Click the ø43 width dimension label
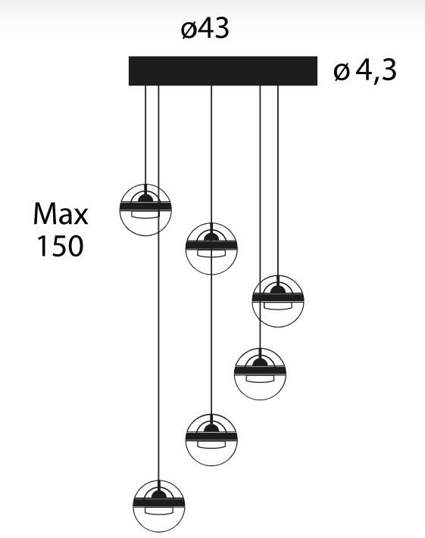(205, 28)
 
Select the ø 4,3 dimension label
(365, 70)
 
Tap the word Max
(61, 213)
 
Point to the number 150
(60, 246)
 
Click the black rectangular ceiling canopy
(223, 70)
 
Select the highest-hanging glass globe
(145, 210)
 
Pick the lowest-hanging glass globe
(159, 506)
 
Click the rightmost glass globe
(277, 301)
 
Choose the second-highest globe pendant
(211, 249)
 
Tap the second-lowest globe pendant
(211, 440)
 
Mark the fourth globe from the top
(260, 374)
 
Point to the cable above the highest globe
(145, 135)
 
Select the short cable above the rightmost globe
(277, 181)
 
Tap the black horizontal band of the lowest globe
(159, 502)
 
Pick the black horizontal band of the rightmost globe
(277, 297)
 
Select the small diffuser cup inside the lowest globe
(159, 511)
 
